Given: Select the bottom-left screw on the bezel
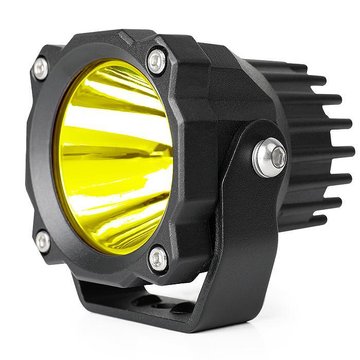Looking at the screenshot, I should tap(43, 241).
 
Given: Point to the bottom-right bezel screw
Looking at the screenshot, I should tap(158, 258).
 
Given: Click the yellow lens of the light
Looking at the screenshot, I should tap(113, 154).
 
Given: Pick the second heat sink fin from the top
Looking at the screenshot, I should tap(309, 81).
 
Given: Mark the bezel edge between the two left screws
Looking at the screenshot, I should tap(36, 154).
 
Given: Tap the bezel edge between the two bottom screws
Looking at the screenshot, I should tap(98, 265).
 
